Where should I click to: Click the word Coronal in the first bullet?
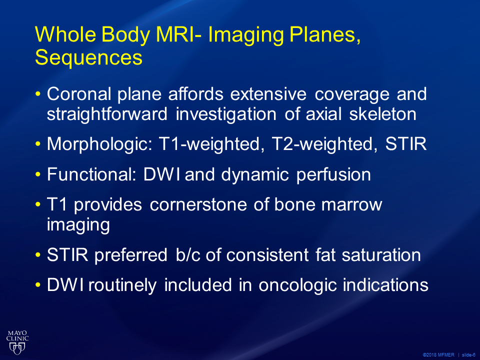coord(78,93)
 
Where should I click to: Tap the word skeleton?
coord(382,114)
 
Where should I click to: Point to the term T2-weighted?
coord(325,144)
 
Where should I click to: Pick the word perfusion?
coord(333,175)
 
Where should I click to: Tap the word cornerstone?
coord(198,204)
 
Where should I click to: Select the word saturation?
coord(381,255)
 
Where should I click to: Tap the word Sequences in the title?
coord(89,57)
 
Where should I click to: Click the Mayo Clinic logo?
coord(17,342)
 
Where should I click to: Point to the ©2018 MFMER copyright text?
coord(438,355)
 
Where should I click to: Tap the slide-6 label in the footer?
coord(468,355)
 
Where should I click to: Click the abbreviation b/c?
coord(188,255)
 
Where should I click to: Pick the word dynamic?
coord(255,175)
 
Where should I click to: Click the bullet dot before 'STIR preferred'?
coord(38,255)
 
